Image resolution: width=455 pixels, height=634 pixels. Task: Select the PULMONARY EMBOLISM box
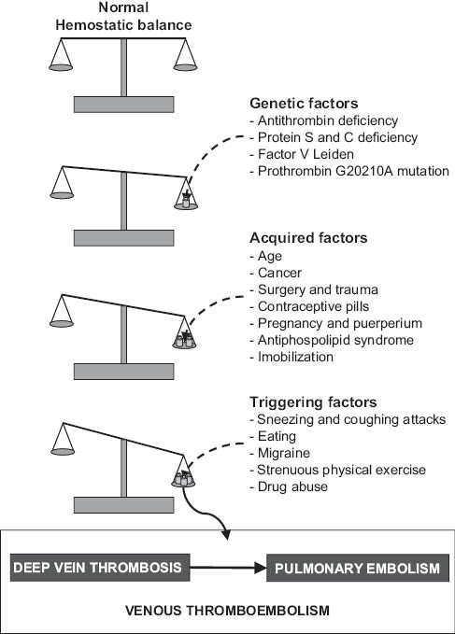[353, 566]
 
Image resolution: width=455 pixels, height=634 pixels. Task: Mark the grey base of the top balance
[124, 104]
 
